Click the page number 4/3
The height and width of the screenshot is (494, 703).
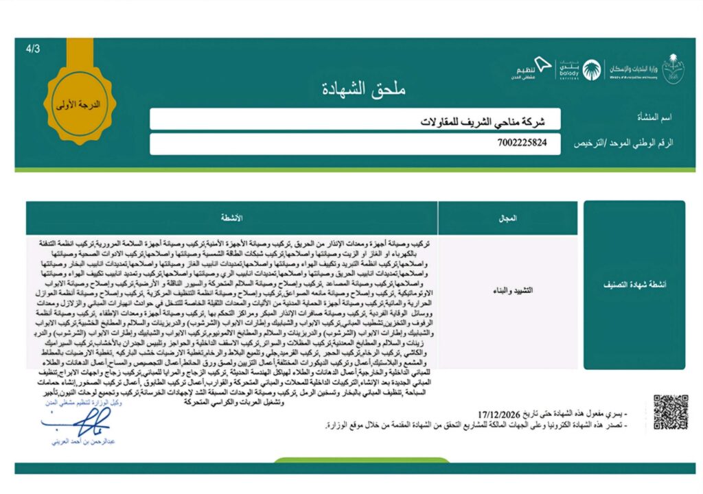(32, 49)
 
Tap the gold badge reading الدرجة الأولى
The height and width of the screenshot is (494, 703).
(77, 105)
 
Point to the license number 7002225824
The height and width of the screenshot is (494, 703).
(523, 143)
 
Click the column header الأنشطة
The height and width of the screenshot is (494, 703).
(231, 218)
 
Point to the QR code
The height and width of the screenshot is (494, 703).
(670, 412)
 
